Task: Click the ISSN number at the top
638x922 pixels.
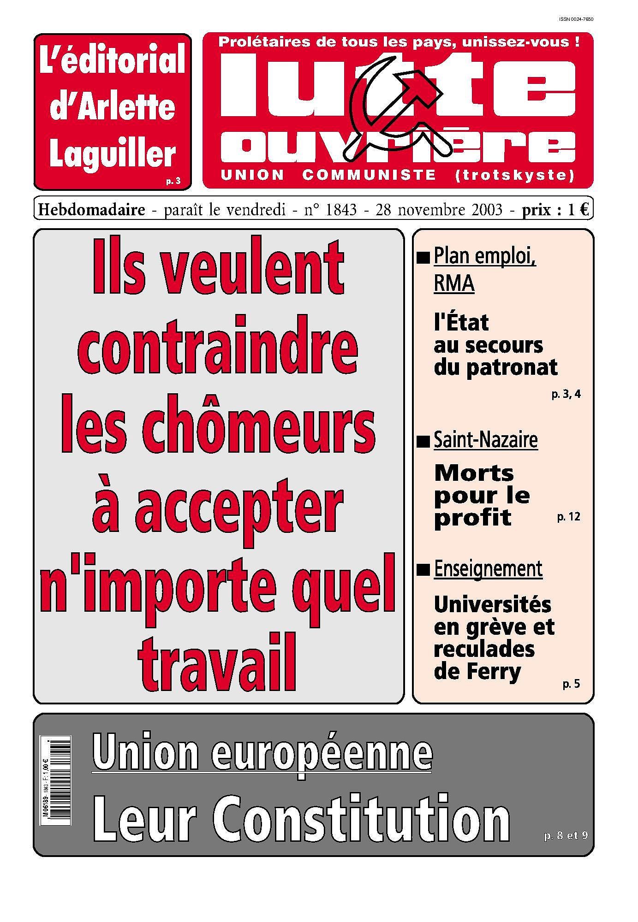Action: click(575, 19)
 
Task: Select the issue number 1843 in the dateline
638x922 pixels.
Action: click(341, 210)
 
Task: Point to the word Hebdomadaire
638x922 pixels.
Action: click(91, 210)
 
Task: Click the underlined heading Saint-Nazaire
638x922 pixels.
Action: click(485, 440)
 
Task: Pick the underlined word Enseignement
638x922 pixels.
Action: click(488, 569)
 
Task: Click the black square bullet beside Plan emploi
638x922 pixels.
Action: click(423, 258)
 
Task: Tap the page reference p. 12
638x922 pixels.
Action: click(568, 517)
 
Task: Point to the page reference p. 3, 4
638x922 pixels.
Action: click(566, 394)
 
